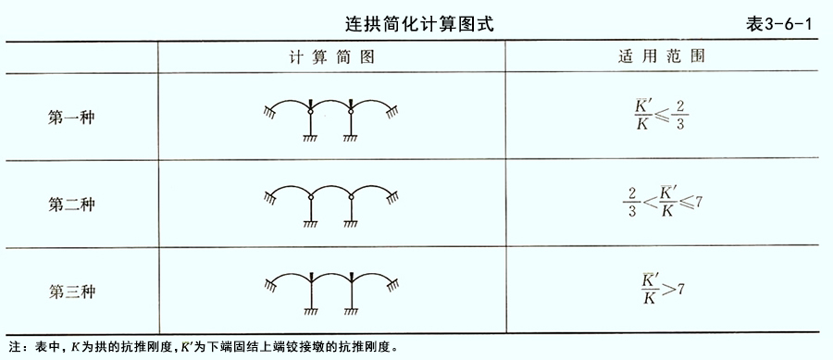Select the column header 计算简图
331,56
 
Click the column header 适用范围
662,56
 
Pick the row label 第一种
71,118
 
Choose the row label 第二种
71,205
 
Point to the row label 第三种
71,292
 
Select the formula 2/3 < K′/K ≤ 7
663,203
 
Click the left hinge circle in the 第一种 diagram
311,111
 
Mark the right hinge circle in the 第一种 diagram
351,111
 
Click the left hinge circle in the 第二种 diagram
311,197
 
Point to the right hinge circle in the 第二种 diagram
351,197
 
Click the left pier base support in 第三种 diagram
311,312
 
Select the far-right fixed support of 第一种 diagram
393,111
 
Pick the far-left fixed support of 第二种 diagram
270,198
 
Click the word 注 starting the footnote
14,348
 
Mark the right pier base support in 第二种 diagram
351,225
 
